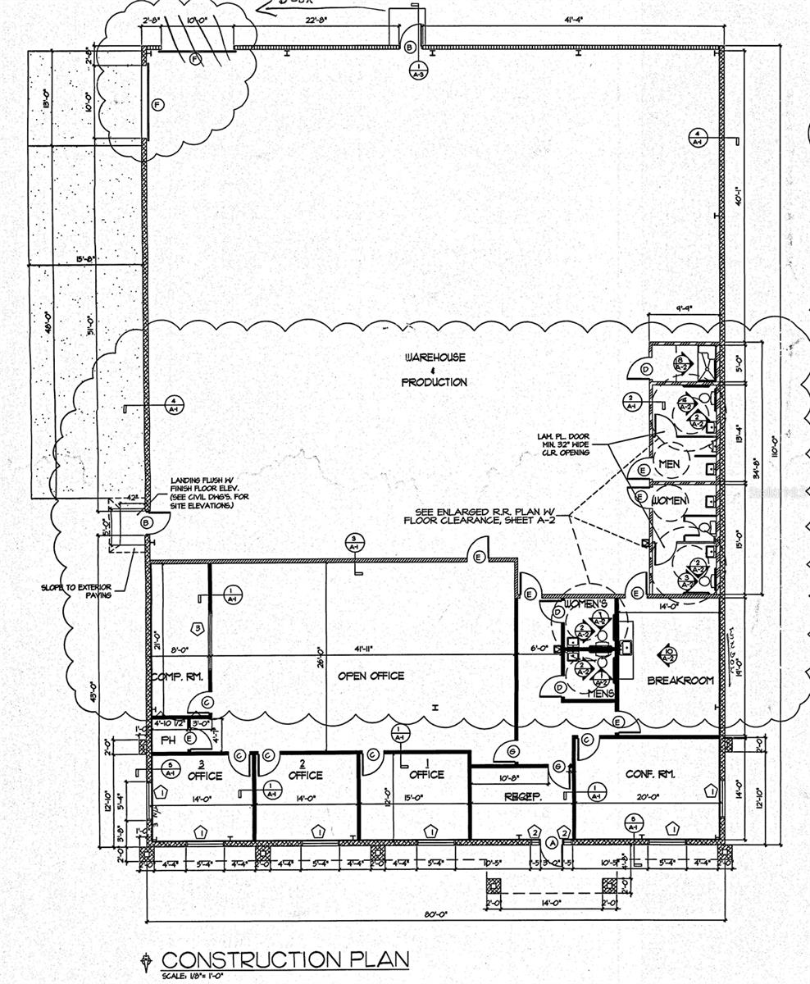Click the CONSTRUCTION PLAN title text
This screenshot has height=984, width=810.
[x=284, y=959]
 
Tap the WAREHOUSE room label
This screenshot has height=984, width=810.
[x=435, y=358]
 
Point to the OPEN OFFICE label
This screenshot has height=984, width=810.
[x=371, y=676]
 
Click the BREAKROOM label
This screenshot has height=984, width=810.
[x=680, y=681]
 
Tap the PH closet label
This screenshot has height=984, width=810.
[x=168, y=739]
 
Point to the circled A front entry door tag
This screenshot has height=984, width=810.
[x=552, y=842]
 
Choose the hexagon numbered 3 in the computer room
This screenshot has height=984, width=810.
[x=197, y=628]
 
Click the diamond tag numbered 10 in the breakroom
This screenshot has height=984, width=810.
[x=668, y=654]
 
